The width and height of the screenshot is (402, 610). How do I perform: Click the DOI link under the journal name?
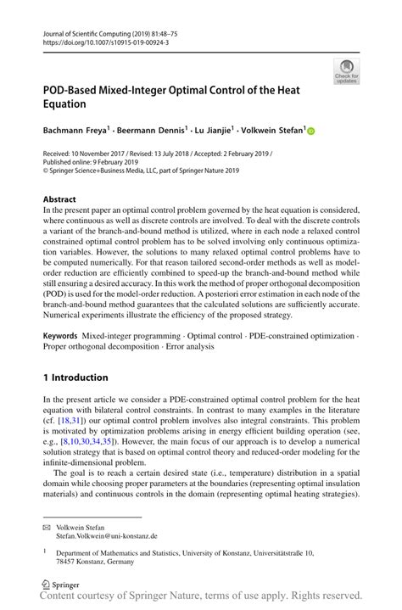coord(98,42)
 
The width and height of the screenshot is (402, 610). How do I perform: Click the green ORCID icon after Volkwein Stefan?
coord(310,132)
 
